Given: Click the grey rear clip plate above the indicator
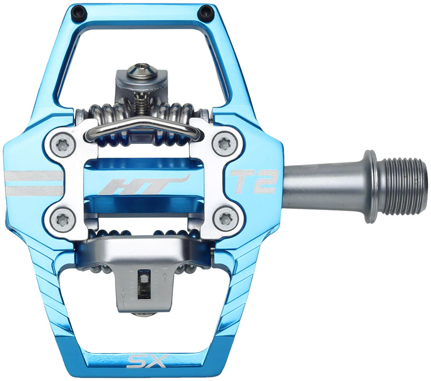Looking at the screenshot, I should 143,249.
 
